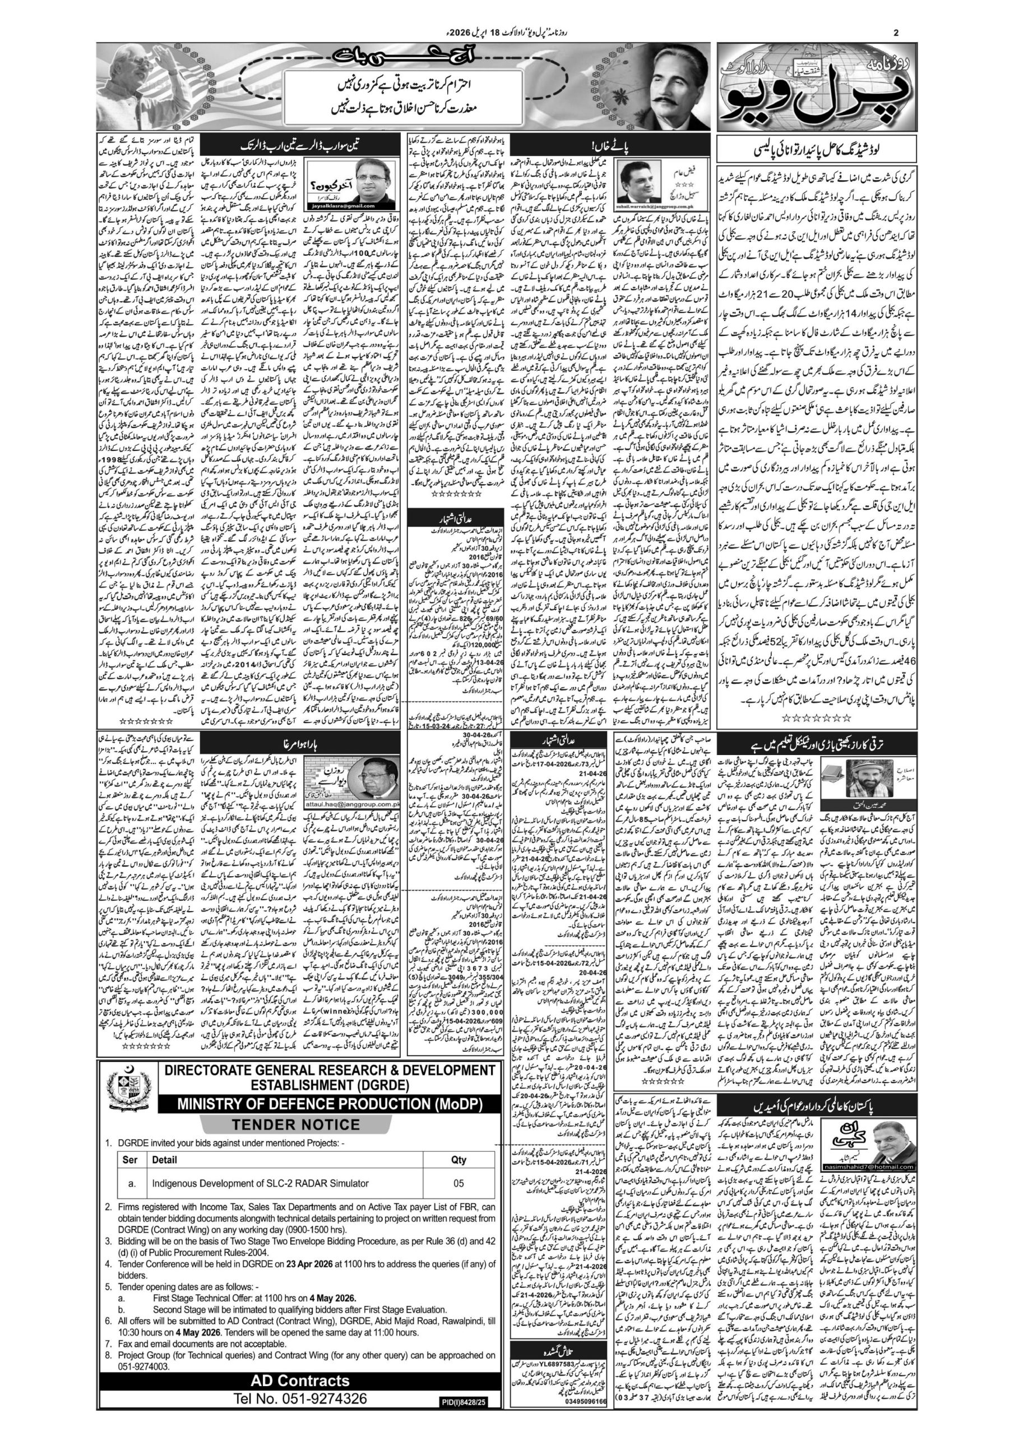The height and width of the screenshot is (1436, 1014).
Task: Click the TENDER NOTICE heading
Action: [296, 1124]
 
